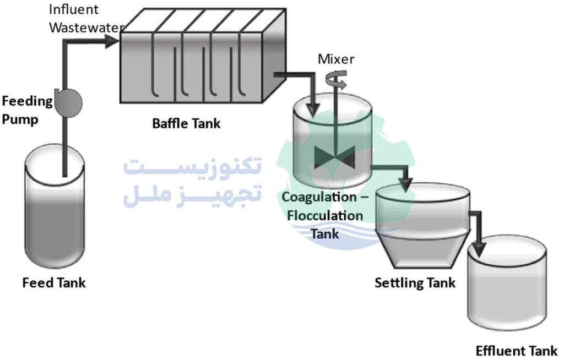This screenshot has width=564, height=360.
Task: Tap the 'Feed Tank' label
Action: (x=53, y=283)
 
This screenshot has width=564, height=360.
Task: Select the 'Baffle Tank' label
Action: (x=186, y=123)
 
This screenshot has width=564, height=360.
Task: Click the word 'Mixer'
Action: (x=336, y=59)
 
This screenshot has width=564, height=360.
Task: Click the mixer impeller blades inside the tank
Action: (x=334, y=159)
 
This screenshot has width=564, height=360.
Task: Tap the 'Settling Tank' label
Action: (x=415, y=283)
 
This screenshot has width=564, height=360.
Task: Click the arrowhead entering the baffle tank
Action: (x=113, y=40)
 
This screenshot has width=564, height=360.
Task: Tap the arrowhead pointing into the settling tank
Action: (x=407, y=184)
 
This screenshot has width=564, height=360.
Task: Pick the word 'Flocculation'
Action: (x=324, y=215)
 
